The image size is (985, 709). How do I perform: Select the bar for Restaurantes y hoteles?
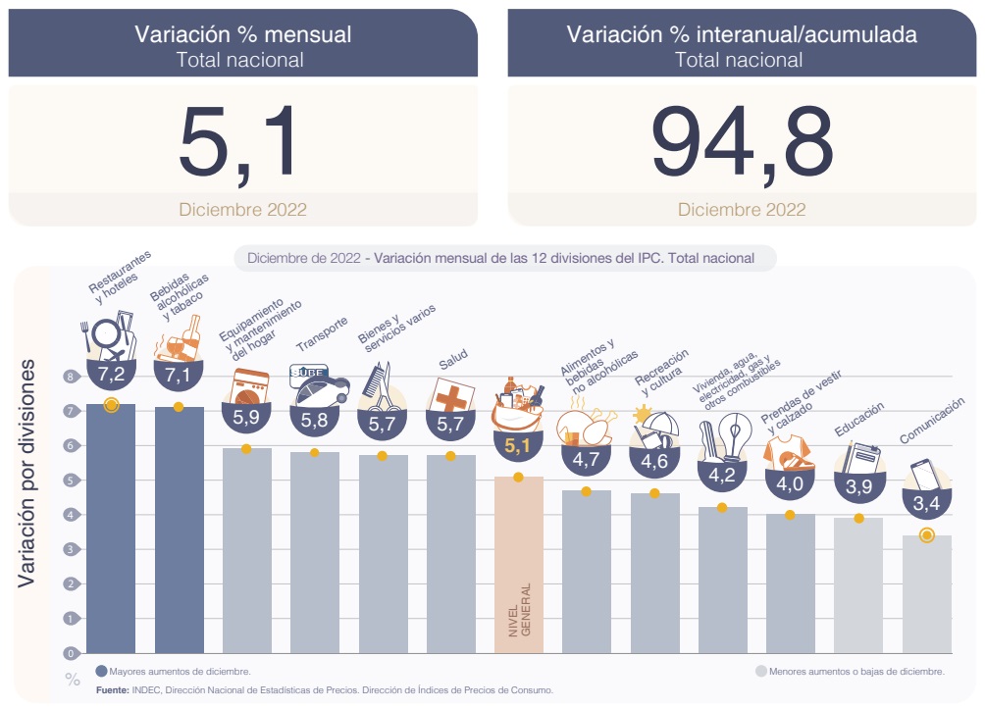tap(111, 530)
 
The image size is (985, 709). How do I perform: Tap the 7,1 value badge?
tap(178, 375)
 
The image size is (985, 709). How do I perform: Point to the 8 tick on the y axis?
tap(70, 377)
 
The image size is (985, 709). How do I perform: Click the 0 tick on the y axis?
tap(70, 653)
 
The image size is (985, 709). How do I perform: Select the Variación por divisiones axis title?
tap(27, 474)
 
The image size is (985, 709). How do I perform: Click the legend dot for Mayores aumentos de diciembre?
tap(101, 672)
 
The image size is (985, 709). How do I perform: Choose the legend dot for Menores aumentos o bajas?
tap(760, 672)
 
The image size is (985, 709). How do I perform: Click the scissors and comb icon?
tap(379, 387)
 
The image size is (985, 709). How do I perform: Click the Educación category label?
tap(859, 419)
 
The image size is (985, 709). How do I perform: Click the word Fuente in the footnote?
tap(113, 690)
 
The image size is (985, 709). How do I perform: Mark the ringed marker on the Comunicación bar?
tap(926, 534)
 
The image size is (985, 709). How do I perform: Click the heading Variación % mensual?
tap(242, 34)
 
